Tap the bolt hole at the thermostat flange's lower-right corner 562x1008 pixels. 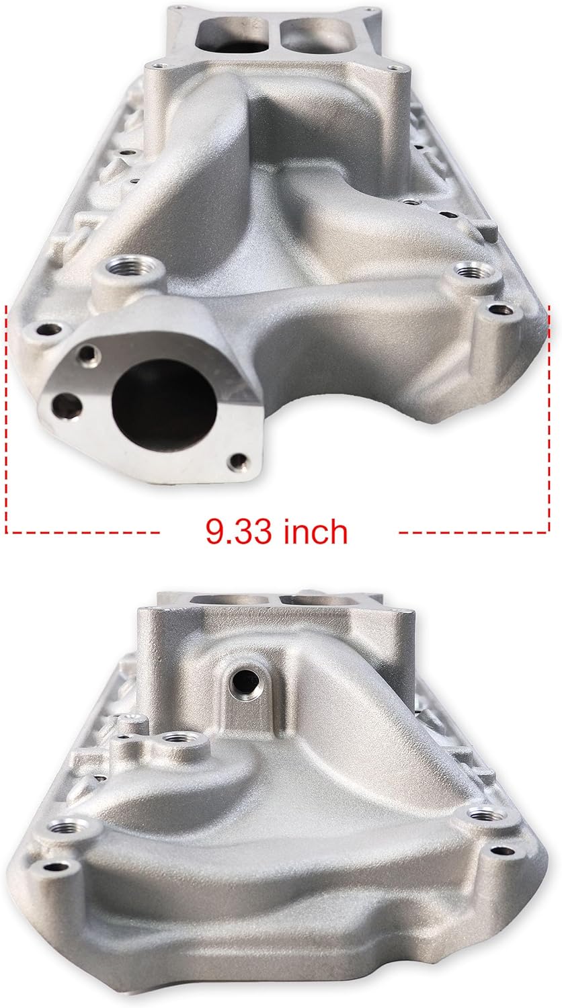pyautogui.click(x=236, y=461)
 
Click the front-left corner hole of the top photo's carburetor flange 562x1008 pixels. pyautogui.click(x=157, y=66)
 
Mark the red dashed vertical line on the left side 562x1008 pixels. pyautogui.click(x=7, y=417)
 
